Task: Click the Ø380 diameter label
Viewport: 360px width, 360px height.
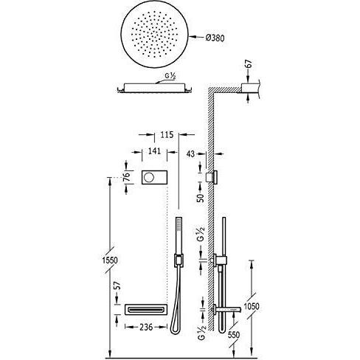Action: [215, 38]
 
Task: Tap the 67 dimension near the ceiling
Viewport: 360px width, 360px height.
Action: [249, 64]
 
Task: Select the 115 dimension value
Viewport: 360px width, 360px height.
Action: [167, 135]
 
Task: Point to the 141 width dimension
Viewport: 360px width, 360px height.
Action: [154, 150]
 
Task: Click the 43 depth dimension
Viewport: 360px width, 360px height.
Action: [190, 154]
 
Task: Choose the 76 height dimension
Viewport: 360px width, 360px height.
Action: [126, 177]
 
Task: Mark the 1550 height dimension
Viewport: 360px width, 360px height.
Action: [110, 260]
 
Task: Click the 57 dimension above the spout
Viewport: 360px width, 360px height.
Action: [118, 285]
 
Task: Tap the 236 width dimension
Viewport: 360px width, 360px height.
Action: [146, 327]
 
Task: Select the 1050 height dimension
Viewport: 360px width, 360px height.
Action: [252, 306]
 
